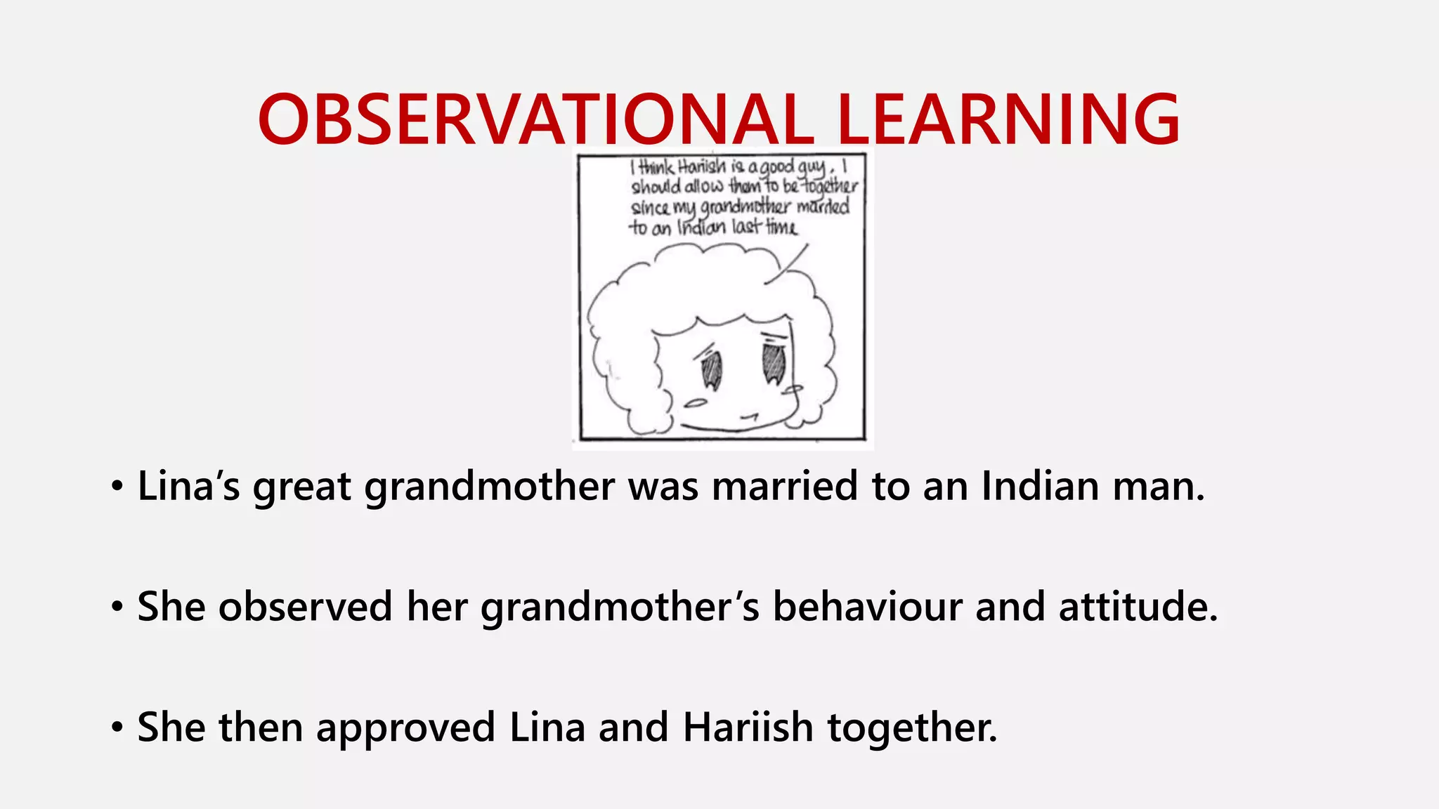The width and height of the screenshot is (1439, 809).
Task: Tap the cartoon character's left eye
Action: click(711, 369)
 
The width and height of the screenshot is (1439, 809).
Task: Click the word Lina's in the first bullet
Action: click(188, 486)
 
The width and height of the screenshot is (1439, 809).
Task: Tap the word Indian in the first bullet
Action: click(1040, 486)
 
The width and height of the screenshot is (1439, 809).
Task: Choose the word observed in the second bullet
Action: click(305, 607)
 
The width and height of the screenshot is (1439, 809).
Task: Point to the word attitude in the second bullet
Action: click(1138, 607)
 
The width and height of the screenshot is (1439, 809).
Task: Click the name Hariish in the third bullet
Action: click(748, 728)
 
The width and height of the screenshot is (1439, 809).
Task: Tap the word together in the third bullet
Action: click(912, 728)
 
